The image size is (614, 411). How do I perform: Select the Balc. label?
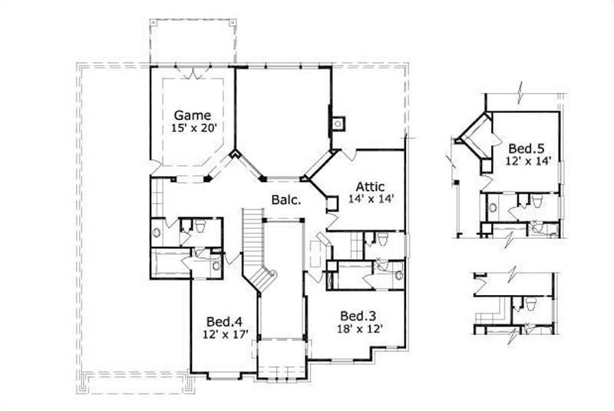[x=285, y=201]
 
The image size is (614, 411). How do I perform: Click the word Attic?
[x=369, y=186]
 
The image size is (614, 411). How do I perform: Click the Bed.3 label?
[x=357, y=317]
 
